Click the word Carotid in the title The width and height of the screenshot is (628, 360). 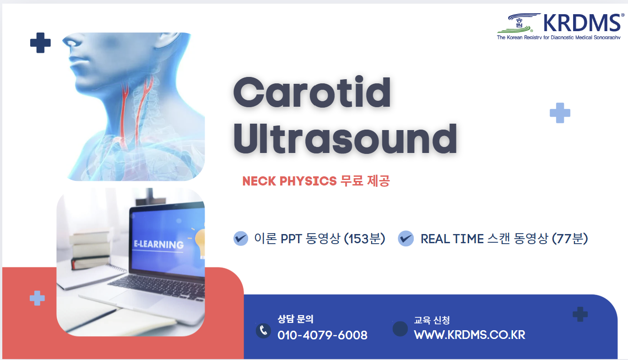pos(312,93)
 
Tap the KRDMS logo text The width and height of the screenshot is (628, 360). pos(581,23)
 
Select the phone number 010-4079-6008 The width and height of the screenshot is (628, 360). pos(322,335)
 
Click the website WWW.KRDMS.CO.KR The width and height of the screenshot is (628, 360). pos(470,335)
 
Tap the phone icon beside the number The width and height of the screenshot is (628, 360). pos(263,331)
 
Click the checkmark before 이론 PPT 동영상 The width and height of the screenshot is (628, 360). pos(241,239)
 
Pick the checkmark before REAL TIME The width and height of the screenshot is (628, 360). pos(406,239)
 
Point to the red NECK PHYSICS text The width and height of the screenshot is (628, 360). pos(289,181)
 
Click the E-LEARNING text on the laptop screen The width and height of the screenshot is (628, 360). pos(159,245)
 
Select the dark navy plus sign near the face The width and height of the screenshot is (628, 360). pos(40,43)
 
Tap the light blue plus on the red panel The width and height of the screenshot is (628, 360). pos(37,298)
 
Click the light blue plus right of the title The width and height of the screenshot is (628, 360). pos(560,113)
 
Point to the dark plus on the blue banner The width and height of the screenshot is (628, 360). pos(580,314)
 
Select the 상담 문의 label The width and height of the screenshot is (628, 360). pos(295,319)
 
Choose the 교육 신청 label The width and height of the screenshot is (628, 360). pos(432,320)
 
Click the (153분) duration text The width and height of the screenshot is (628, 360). pos(364,239)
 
